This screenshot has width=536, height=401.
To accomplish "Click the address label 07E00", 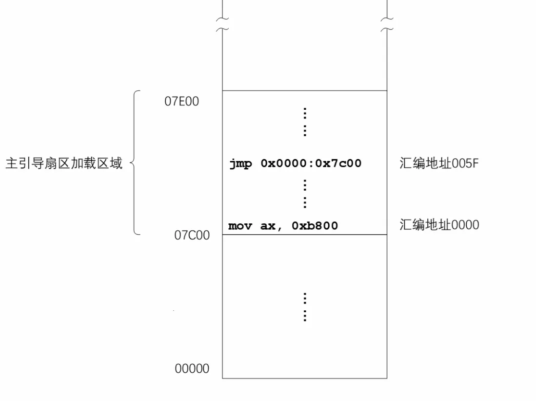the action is coord(181,101).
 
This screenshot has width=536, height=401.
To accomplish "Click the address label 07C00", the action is coord(192,235).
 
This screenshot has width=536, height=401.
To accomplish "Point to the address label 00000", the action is coord(192,368).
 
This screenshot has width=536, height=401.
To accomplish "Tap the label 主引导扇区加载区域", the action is coord(64,163).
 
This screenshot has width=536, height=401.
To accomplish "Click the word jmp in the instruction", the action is coord(240,164).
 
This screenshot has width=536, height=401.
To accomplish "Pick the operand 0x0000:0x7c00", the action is coord(311,163).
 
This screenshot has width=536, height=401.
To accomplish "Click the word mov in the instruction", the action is coord(239,226).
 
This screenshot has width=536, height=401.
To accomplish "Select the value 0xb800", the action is coord(315,226).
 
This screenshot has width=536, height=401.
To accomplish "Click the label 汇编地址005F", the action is coord(439,163).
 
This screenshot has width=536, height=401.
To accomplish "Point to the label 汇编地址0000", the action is coord(439,225).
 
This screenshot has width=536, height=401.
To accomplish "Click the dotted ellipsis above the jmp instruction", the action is coord(305,122).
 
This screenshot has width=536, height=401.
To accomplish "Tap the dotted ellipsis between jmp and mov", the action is coord(305,194).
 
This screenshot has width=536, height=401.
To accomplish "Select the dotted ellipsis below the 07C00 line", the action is coord(305,307).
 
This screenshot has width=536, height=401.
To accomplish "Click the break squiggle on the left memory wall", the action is coord(222,24).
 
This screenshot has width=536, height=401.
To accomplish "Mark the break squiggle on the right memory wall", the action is coord(387,24).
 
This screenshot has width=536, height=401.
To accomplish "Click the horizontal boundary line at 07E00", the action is coord(304,91).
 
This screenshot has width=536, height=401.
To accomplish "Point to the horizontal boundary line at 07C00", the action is coord(304,235).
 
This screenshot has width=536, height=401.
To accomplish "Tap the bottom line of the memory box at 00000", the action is coord(304,378).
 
